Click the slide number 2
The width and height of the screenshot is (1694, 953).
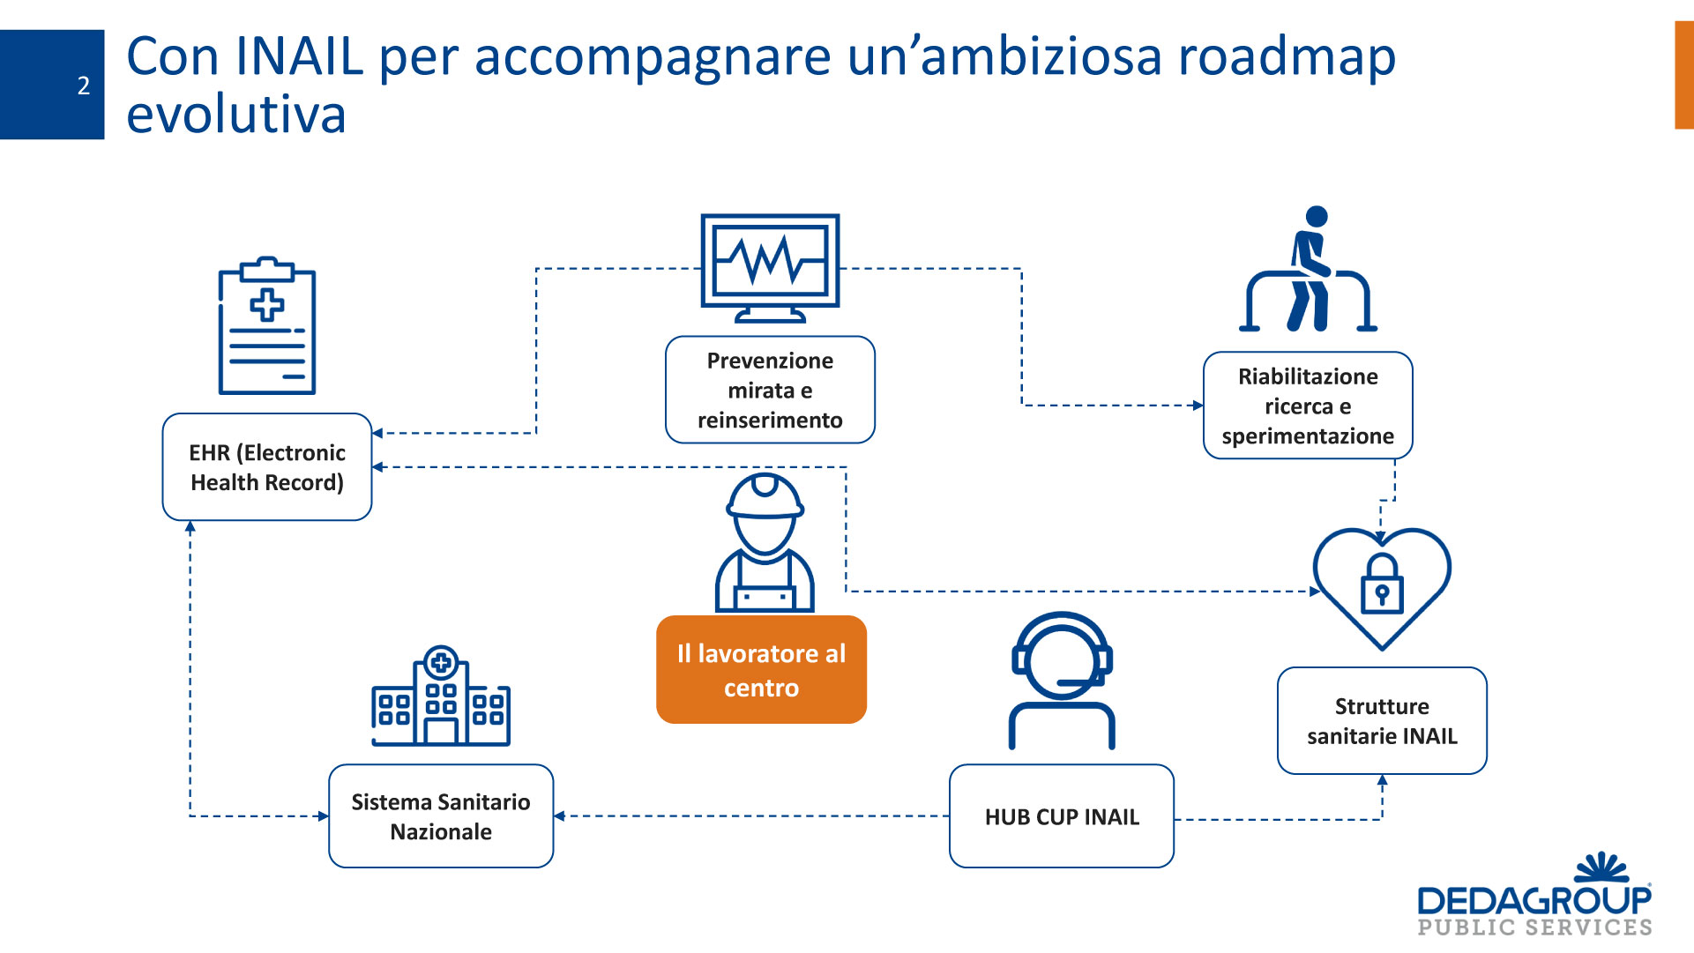pyautogui.click(x=83, y=86)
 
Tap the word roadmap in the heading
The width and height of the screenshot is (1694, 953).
pyautogui.click(x=1287, y=56)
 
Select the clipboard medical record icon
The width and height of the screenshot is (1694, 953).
pyautogui.click(x=267, y=326)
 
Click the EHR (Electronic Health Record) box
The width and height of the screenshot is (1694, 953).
pyautogui.click(x=267, y=467)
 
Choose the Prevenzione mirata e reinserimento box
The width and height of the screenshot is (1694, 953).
pyautogui.click(x=770, y=390)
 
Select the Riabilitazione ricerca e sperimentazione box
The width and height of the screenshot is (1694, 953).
pyautogui.click(x=1308, y=406)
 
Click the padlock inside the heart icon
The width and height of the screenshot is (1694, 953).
pyautogui.click(x=1382, y=585)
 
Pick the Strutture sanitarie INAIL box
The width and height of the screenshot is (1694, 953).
pyautogui.click(x=1382, y=721)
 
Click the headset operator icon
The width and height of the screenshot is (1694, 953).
pyautogui.click(x=1062, y=679)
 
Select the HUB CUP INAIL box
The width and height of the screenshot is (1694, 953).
pyautogui.click(x=1062, y=816)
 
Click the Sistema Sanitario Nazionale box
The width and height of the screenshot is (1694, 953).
pyautogui.click(x=441, y=816)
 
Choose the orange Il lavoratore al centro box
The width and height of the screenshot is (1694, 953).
pyautogui.click(x=761, y=670)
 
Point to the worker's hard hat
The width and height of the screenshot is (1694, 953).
pyautogui.click(x=765, y=495)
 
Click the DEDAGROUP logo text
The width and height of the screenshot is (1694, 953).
pyautogui.click(x=1534, y=901)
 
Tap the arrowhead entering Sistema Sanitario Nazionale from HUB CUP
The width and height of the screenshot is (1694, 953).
pyautogui.click(x=559, y=816)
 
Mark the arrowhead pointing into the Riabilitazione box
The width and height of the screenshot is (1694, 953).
pyautogui.click(x=1198, y=406)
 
